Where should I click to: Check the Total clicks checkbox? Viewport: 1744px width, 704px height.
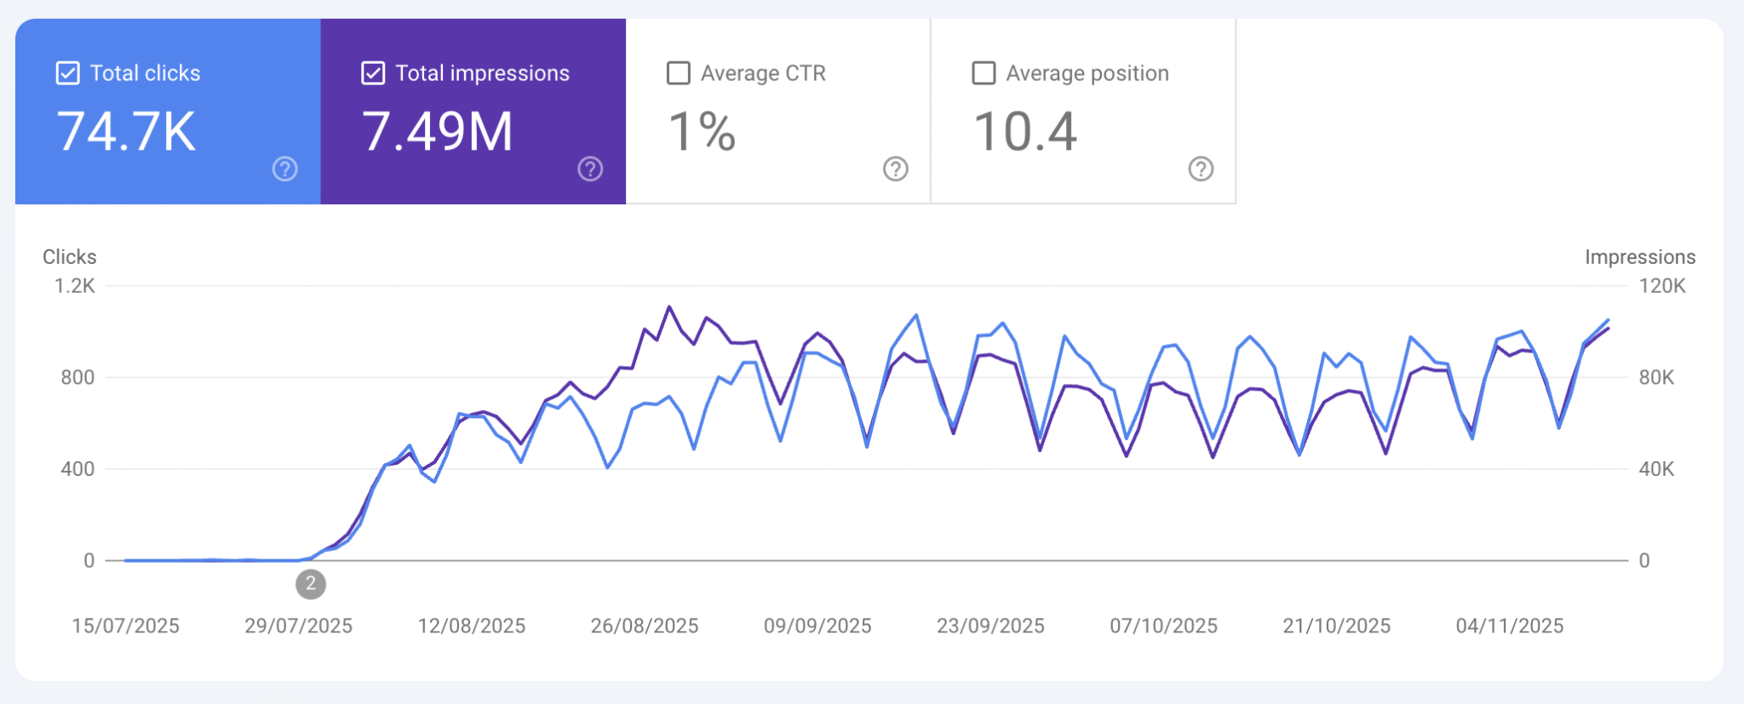click(x=68, y=73)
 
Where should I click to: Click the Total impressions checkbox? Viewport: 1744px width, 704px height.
click(x=373, y=73)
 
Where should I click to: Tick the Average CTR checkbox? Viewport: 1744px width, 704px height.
click(x=679, y=73)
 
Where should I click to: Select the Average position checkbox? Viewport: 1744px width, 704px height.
click(x=984, y=73)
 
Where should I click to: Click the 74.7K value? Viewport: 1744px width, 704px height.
click(x=126, y=132)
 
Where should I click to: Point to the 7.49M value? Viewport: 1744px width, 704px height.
click(x=438, y=132)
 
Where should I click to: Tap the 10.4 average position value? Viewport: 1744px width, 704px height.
click(x=1024, y=132)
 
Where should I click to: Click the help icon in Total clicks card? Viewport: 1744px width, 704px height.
click(x=285, y=169)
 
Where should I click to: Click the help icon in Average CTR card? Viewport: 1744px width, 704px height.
click(x=895, y=169)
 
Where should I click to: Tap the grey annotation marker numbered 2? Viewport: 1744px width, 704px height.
click(x=311, y=584)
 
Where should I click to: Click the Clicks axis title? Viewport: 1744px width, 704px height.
click(x=70, y=257)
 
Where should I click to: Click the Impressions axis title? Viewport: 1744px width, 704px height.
click(x=1639, y=257)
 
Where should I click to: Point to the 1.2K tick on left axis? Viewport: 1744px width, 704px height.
click(x=75, y=286)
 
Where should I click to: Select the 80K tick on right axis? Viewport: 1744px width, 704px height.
click(x=1656, y=377)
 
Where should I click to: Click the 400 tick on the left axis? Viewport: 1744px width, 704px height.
click(x=77, y=469)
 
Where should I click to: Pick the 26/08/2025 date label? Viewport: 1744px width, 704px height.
click(x=645, y=627)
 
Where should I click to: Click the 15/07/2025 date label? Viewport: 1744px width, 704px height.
click(x=125, y=627)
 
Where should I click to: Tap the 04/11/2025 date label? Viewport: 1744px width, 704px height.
click(x=1509, y=627)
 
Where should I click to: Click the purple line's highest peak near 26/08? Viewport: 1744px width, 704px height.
click(x=669, y=307)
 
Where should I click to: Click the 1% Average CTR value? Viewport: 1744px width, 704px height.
click(x=702, y=132)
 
